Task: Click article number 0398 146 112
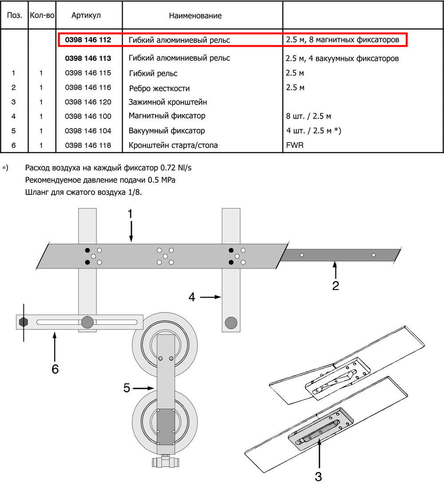pos(87,40)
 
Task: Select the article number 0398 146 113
pos(87,58)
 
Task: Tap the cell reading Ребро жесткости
pos(159,88)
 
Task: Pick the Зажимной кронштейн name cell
pos(167,102)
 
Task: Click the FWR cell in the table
pos(295,145)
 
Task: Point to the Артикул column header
pos(86,16)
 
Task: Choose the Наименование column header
pos(195,16)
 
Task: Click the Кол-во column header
pos(42,16)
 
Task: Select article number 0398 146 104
pos(87,131)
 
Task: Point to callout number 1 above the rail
pos(130,214)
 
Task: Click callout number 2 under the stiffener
pos(336,285)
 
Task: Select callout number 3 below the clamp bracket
pos(318,477)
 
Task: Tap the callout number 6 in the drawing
pos(55,369)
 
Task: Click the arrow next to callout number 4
pos(210,297)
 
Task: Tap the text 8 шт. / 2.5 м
pos(309,117)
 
